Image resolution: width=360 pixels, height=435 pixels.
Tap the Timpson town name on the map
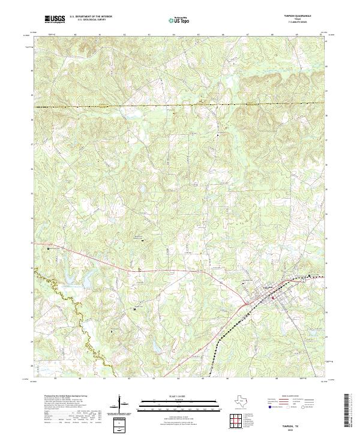click(x=271, y=287)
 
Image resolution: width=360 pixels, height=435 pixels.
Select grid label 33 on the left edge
click(x=32, y=242)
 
